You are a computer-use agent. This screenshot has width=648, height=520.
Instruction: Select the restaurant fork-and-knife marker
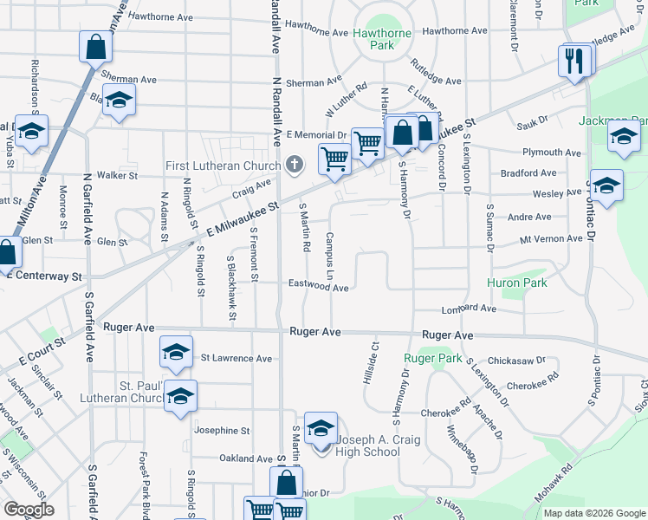click(x=575, y=62)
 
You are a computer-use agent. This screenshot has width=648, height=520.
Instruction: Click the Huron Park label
click(x=517, y=283)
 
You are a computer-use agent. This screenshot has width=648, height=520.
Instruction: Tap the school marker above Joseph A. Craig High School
click(x=321, y=430)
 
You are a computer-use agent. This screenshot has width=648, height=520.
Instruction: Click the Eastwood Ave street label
click(x=318, y=287)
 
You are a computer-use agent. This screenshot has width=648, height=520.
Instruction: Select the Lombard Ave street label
click(x=469, y=309)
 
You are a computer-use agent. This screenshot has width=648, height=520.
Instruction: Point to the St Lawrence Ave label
click(x=237, y=358)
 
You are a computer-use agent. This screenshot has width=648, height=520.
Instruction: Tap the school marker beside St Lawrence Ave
click(x=176, y=354)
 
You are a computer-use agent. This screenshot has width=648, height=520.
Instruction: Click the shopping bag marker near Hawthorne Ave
click(x=95, y=47)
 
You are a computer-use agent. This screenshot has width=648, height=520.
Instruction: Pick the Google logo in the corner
click(x=29, y=510)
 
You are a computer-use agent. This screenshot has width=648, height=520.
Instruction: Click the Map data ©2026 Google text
click(x=594, y=513)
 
